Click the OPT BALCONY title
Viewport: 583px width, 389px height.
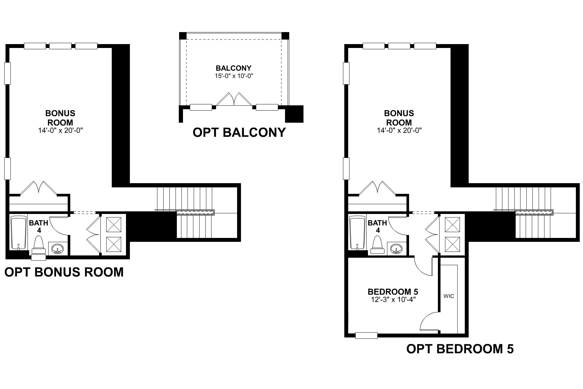239,133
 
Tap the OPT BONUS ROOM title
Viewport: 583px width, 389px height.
64,272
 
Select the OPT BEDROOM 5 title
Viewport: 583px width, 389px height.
460,349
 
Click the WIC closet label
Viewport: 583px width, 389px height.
449,296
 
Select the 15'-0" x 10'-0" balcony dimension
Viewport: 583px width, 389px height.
234,76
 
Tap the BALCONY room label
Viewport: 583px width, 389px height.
234,68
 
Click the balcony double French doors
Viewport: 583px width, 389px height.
234,99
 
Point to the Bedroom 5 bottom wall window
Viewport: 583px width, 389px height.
366,336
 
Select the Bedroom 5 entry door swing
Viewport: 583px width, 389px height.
424,265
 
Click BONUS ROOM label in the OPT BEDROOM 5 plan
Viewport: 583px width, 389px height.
399,118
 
